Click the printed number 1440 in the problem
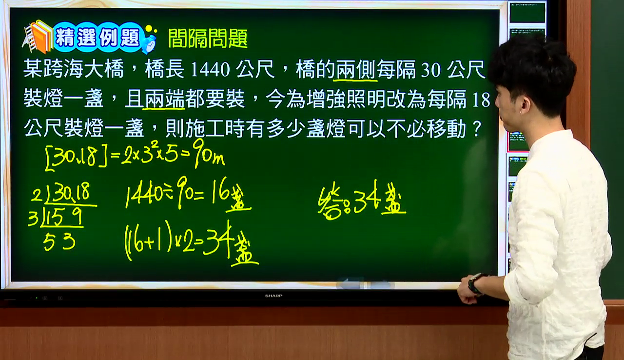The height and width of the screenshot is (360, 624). [x=210, y=69]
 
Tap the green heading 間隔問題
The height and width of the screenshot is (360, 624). [x=208, y=38]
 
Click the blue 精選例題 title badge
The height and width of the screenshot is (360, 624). [x=97, y=38]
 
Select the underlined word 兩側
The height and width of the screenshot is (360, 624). [x=355, y=69]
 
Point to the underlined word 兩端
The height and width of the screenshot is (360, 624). [x=164, y=99]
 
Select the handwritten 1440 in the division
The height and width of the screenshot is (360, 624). [x=144, y=195]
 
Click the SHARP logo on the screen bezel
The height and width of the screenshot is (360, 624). [x=273, y=296]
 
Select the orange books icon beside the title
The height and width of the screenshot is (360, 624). [x=38, y=36]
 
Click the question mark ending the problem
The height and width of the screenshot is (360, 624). [x=477, y=128]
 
